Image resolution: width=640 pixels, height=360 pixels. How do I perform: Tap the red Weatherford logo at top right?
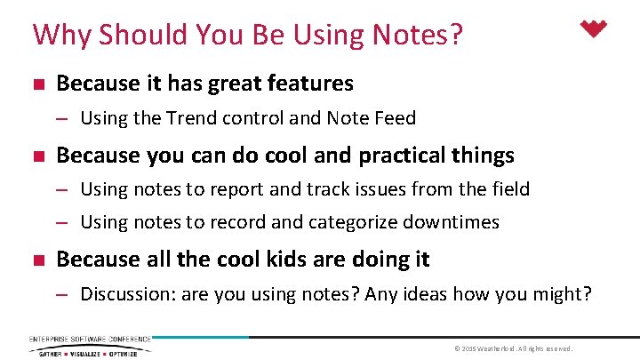[x=593, y=29]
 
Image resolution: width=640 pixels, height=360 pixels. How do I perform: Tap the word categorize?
[x=328, y=222]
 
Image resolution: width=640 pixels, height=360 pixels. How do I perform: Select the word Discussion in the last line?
[x=127, y=294]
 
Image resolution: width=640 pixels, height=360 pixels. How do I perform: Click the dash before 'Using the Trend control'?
[x=64, y=118]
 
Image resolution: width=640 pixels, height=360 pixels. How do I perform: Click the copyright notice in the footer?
[x=513, y=348]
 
